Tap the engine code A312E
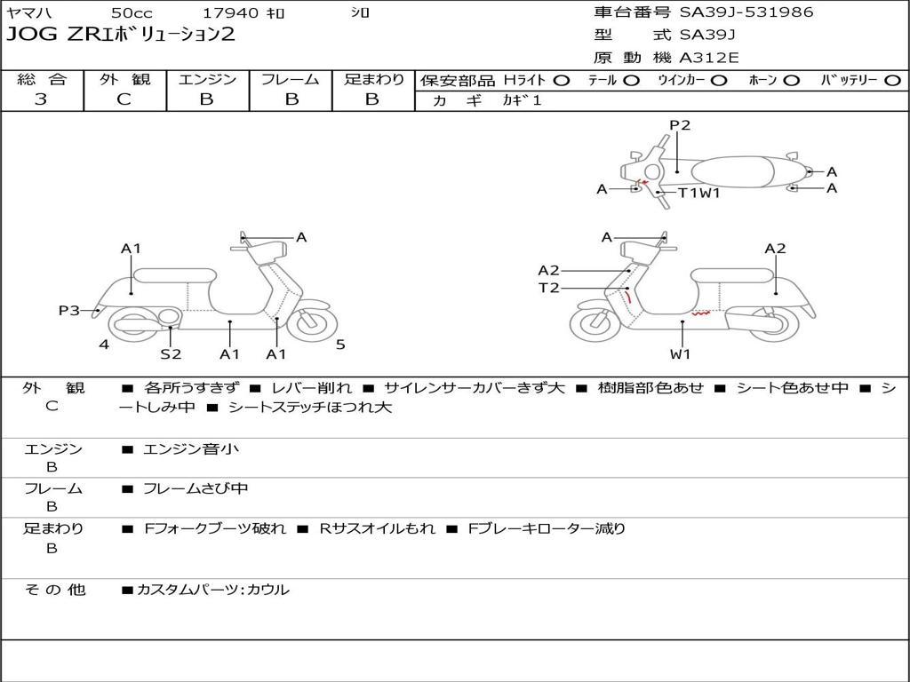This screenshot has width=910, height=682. (x=708, y=59)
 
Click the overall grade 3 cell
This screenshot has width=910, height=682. (x=41, y=99)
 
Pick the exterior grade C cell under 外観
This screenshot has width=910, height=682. (x=124, y=99)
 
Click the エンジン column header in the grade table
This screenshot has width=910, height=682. (x=207, y=79)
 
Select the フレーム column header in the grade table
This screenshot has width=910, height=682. (x=290, y=79)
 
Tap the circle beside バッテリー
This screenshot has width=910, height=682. (x=892, y=80)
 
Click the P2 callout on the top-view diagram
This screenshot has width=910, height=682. (x=680, y=125)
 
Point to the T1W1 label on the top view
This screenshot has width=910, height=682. (x=698, y=192)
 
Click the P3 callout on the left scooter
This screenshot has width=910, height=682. (x=69, y=310)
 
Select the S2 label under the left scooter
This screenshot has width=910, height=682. (x=171, y=353)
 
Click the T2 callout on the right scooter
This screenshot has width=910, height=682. (x=548, y=288)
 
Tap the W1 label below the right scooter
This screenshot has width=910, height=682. (x=681, y=353)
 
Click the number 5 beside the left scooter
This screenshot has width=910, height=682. (x=340, y=345)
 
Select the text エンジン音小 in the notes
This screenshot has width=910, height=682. (x=191, y=449)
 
